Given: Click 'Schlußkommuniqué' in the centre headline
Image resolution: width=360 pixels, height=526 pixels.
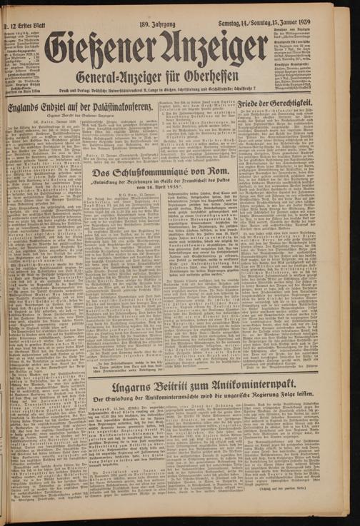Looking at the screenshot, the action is [159, 173].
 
